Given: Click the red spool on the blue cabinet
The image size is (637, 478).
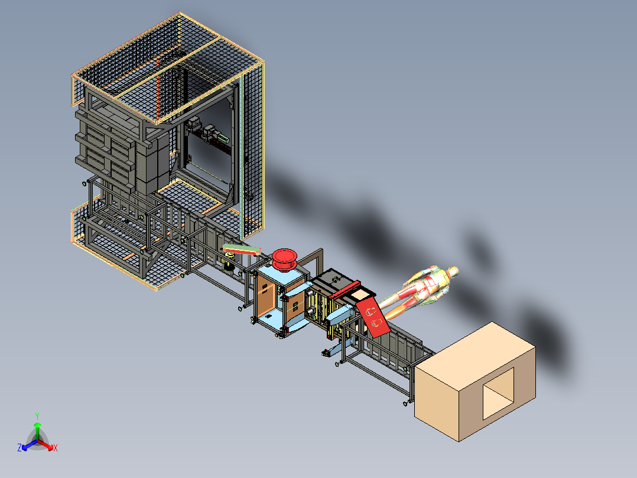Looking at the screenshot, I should pos(285,259).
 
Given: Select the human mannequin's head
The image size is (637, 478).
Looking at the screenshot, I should pos(453,271).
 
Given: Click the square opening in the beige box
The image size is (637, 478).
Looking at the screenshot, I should pos(498,392).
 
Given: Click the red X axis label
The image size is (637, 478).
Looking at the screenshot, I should pos(56,448).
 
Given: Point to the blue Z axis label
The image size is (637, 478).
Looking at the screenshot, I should pos(19,448).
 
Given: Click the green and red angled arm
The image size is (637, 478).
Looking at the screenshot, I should pos(243,250).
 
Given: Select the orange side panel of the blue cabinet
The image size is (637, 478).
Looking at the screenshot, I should pos(266,293).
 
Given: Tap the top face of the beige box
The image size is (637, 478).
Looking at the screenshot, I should pos(473,349).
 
